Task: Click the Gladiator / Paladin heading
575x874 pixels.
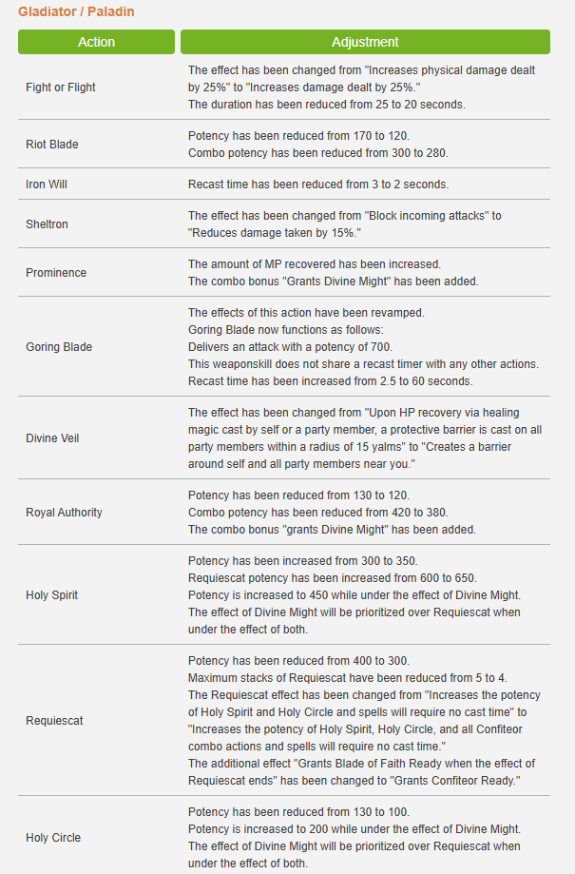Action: [x=76, y=12]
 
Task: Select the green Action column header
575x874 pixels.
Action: [x=96, y=42]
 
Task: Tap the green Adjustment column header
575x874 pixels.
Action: [x=365, y=42]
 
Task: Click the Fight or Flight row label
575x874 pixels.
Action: [x=61, y=87]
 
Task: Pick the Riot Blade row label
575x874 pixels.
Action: [x=52, y=145]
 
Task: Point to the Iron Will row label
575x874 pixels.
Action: [x=47, y=185]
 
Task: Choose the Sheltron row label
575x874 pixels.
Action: [x=47, y=224]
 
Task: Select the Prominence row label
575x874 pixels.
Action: [x=56, y=273]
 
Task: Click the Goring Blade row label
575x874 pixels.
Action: [x=59, y=347]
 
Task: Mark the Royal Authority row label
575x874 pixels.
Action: [x=64, y=513]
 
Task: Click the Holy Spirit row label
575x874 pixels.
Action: [x=52, y=595]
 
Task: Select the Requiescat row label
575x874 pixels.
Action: [x=54, y=721]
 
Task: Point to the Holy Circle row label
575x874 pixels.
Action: [x=53, y=838]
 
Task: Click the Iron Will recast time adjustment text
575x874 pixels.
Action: [x=318, y=185]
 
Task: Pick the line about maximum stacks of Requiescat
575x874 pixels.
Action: [x=349, y=678]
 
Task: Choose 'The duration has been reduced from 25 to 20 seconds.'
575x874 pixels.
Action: [x=326, y=105]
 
